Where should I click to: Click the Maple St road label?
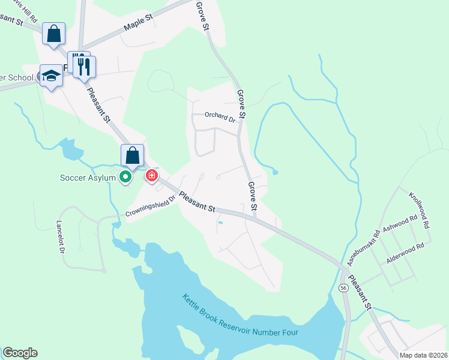point(139,25)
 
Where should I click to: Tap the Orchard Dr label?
point(220,117)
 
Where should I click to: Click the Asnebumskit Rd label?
point(364,247)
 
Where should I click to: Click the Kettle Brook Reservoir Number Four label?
point(241,315)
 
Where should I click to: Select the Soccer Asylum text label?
point(88,178)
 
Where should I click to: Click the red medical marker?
point(152,176)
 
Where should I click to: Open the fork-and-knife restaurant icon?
point(84,67)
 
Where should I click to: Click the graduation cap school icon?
point(51,76)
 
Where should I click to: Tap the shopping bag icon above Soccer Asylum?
point(133,156)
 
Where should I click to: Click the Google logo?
point(21,353)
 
